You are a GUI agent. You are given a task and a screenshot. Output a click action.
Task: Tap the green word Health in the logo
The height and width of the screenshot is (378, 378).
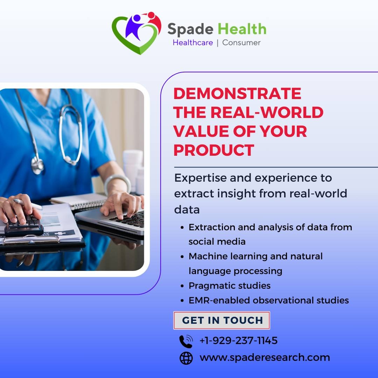(241, 29)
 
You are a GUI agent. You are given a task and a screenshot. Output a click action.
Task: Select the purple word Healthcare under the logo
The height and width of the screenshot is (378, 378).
(192, 43)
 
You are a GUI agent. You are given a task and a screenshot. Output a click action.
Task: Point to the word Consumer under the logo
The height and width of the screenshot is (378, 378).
(241, 43)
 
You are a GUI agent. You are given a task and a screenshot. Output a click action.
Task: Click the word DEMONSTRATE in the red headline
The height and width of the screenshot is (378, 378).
(237, 93)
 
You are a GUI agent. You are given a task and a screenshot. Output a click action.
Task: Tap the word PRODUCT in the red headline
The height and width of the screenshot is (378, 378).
(213, 150)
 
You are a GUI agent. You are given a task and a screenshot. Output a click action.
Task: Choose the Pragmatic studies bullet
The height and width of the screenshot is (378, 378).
(229, 286)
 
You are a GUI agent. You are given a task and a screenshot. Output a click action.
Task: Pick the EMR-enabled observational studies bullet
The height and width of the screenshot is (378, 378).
(268, 300)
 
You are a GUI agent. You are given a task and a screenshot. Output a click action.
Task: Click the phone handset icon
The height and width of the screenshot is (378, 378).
(186, 341)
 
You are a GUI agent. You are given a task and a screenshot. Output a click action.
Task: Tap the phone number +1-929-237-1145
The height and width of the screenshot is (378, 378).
(238, 340)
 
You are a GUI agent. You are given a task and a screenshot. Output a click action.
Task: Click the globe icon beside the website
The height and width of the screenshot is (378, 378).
(186, 358)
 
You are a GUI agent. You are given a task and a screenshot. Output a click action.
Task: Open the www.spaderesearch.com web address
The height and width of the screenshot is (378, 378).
(265, 357)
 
